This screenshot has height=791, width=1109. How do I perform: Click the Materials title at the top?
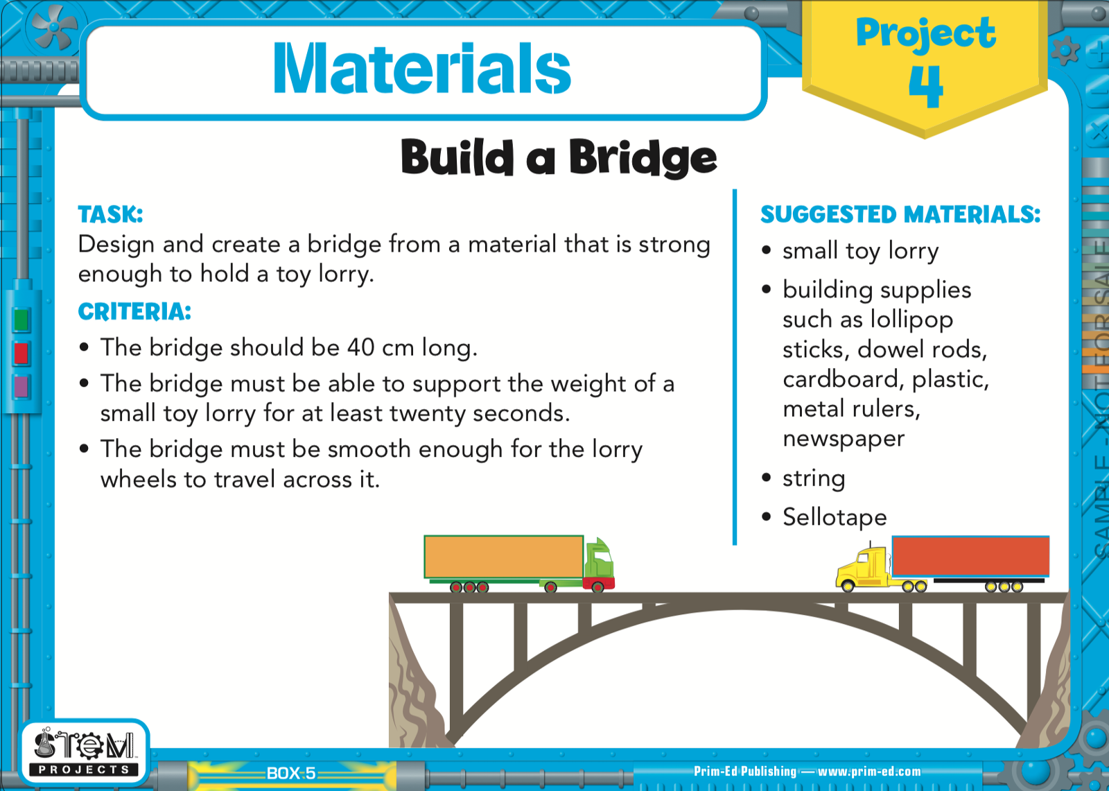click(x=422, y=68)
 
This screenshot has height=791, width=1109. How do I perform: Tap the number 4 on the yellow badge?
click(x=926, y=86)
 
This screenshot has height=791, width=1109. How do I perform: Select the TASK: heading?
click(x=110, y=214)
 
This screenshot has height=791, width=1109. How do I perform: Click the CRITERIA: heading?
click(x=134, y=311)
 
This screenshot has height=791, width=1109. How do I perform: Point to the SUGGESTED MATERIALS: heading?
click(x=900, y=214)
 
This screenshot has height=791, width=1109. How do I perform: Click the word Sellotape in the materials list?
click(x=835, y=517)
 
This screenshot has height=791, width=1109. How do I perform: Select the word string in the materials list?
click(x=814, y=479)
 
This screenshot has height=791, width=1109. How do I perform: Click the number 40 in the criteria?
click(x=361, y=347)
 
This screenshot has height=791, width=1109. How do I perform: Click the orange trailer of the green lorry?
click(x=503, y=557)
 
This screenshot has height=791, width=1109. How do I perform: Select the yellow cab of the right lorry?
click(x=864, y=568)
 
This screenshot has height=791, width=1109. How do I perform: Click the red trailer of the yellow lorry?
click(x=970, y=556)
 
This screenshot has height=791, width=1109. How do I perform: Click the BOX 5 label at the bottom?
click(x=291, y=773)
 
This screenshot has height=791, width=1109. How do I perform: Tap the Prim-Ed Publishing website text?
click(x=807, y=771)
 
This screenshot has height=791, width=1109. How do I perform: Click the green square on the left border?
click(x=21, y=320)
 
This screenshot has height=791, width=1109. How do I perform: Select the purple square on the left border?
click(x=21, y=386)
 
